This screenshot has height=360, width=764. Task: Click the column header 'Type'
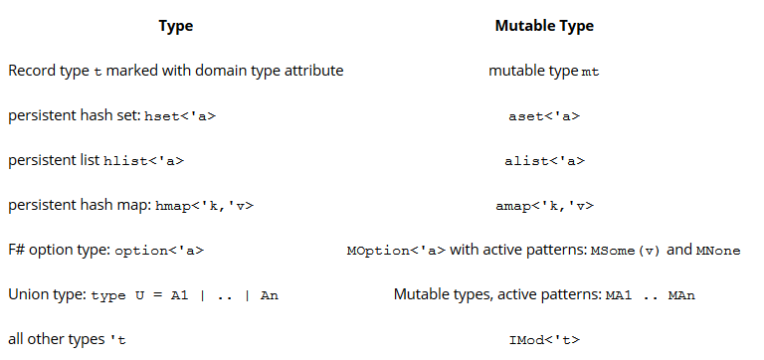[176, 26]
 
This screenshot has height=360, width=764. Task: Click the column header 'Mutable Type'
[544, 26]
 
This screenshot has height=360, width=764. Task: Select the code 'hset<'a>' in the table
[180, 116]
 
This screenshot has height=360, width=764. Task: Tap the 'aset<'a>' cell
[544, 116]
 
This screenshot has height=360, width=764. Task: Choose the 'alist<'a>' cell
[544, 161]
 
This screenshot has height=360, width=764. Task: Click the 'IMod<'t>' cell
[544, 340]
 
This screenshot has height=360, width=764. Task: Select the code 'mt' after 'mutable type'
[590, 72]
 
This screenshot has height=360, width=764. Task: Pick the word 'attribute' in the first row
[313, 72]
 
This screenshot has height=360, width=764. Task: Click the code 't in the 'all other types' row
[119, 340]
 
